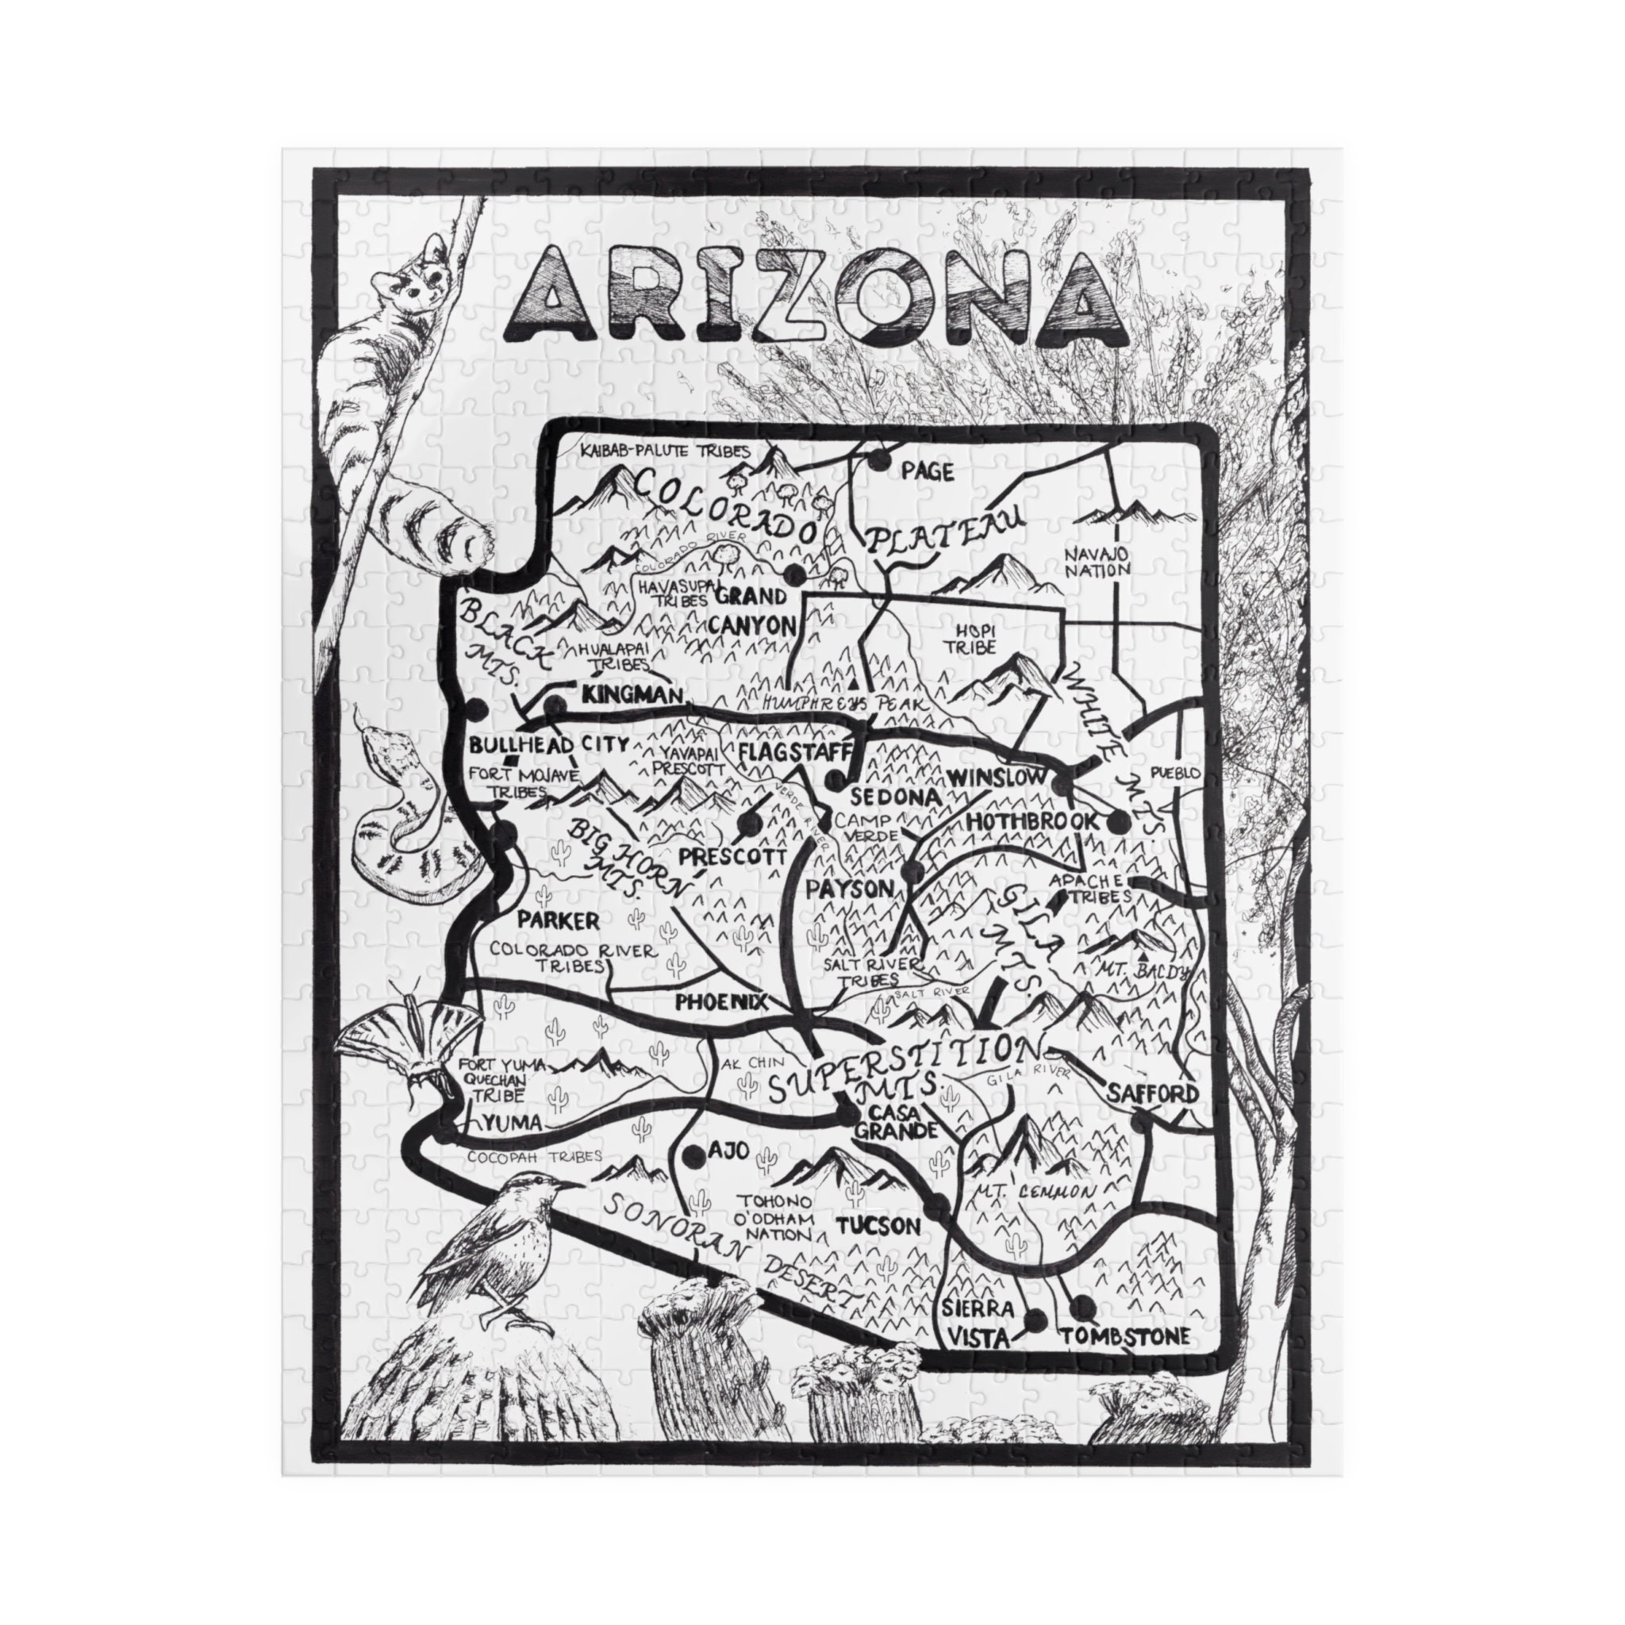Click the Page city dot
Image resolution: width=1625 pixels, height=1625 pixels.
pos(880,459)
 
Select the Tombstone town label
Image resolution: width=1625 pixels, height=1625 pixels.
pos(1125,1336)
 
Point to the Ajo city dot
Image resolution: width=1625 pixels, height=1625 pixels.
pos(694,1155)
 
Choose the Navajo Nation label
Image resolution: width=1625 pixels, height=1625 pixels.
pos(1096,562)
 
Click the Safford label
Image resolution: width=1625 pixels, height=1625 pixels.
pos(1151,1093)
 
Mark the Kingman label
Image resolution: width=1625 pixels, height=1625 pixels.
pos(629,696)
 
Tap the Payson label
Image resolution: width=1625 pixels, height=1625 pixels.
pos(850,888)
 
